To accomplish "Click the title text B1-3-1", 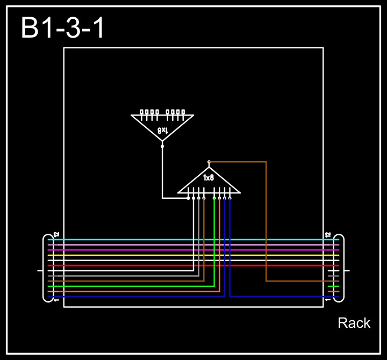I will pyautogui.click(x=62, y=28).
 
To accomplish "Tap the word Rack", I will pyautogui.click(x=354, y=323).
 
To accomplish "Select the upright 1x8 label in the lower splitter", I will pyautogui.click(x=209, y=177).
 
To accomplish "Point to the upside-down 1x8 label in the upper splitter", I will pyautogui.click(x=162, y=130).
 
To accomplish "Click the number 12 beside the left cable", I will pyautogui.click(x=56, y=235).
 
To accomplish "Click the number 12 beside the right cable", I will pyautogui.click(x=328, y=235).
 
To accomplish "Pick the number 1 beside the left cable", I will pyautogui.click(x=56, y=299).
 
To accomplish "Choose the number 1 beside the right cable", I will pyautogui.click(x=328, y=299).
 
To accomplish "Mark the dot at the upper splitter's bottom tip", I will pyautogui.click(x=162, y=146).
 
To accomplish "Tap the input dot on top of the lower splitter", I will pyautogui.click(x=209, y=161).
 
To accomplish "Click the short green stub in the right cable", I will pyautogui.click(x=333, y=286).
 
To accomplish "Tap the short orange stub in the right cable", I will pyautogui.click(x=333, y=291).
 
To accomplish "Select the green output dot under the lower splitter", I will pyautogui.click(x=214, y=198).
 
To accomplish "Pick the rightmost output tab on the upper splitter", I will pyautogui.click(x=183, y=112).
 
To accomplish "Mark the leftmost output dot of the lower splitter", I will pyautogui.click(x=188, y=198).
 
